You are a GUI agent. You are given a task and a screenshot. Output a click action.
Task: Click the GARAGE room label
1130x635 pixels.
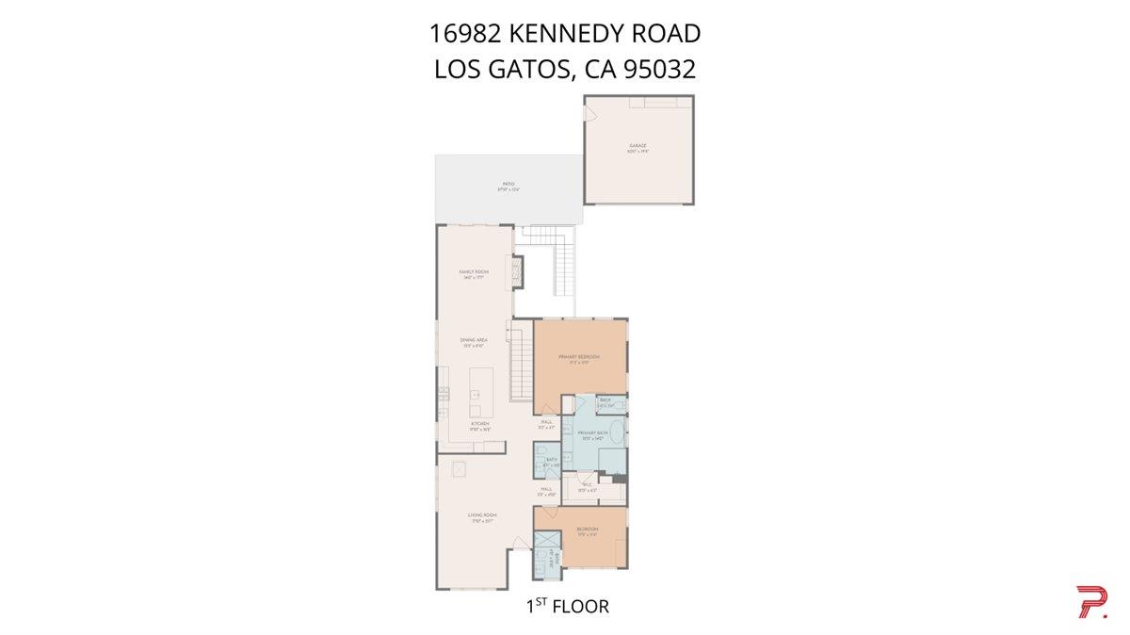[x=638, y=146]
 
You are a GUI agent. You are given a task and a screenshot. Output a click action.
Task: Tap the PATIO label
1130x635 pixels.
[x=508, y=185]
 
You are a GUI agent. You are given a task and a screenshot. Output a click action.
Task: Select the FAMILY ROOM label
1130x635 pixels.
[x=474, y=272]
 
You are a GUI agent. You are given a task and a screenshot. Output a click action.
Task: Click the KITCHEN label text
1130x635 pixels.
[x=480, y=424]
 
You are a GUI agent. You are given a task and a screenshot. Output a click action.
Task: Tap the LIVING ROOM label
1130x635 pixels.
[x=483, y=515]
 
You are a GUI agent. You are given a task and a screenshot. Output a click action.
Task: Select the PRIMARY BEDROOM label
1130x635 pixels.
[x=578, y=357]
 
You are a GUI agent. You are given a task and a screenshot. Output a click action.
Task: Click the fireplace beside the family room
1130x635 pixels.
[x=516, y=272]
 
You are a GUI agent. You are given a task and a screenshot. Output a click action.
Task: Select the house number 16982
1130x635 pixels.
[x=465, y=34]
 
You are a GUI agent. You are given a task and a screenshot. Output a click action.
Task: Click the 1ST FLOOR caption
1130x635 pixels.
[x=567, y=607]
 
